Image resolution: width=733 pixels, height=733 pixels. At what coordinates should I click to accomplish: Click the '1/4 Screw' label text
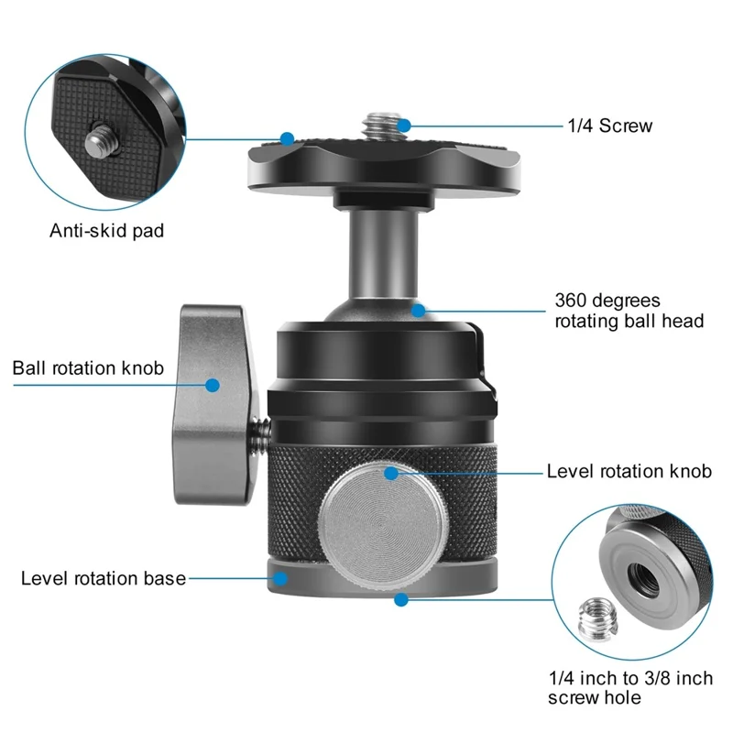608,126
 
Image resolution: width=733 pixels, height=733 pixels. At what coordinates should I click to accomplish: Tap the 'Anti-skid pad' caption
107,230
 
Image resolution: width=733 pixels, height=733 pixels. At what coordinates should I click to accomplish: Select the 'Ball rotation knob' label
88,368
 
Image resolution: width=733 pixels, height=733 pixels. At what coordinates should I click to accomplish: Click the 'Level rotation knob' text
629,472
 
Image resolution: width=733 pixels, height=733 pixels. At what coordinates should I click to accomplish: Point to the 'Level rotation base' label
104,578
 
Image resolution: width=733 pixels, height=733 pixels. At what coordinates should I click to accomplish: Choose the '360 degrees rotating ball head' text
629,311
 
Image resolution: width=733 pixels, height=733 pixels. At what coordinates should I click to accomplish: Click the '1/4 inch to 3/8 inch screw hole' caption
629,688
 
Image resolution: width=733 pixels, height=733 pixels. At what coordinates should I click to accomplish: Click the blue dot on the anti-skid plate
287,139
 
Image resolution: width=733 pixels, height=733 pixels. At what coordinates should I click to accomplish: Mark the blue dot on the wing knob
213,386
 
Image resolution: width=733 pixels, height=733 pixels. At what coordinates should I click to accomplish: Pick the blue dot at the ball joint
418,310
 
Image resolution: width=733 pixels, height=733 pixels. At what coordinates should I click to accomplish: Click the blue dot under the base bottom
400,599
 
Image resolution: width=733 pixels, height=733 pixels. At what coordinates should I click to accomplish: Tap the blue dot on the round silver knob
391,473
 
